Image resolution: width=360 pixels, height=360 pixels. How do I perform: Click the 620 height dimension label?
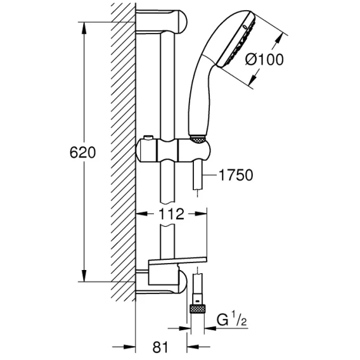(x=82, y=153)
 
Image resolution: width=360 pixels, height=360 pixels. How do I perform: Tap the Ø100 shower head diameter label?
(x=264, y=60)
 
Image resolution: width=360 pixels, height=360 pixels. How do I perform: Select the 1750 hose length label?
(x=236, y=175)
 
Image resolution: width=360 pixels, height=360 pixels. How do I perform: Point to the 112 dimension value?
(x=171, y=214)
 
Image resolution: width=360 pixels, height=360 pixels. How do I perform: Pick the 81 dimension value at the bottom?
(x=160, y=347)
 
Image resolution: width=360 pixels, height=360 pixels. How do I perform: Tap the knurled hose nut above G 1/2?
(x=198, y=309)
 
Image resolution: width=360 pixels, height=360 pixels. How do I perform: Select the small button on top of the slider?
(x=148, y=138)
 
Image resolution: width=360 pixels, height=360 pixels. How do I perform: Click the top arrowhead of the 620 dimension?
(x=84, y=29)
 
